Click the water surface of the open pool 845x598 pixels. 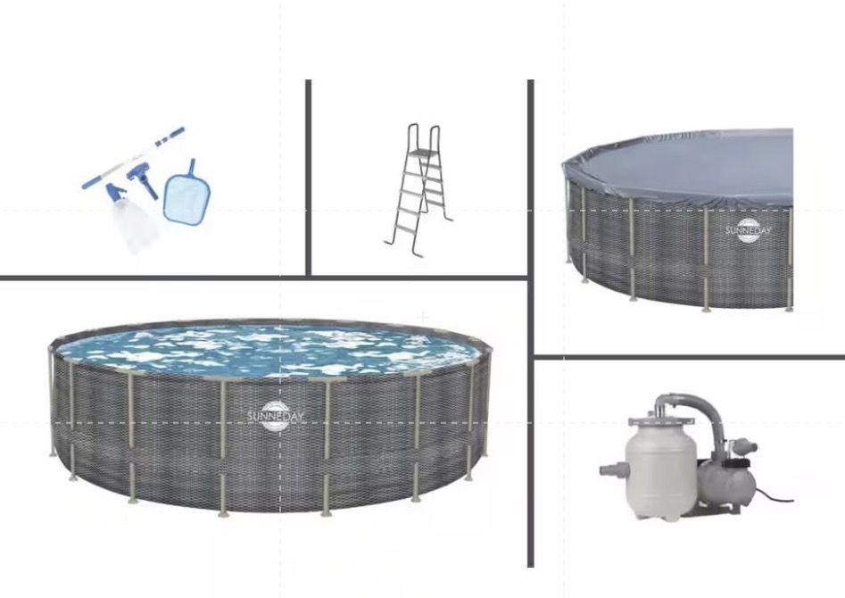click(x=268, y=350)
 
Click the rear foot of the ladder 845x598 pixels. click(x=450, y=218)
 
